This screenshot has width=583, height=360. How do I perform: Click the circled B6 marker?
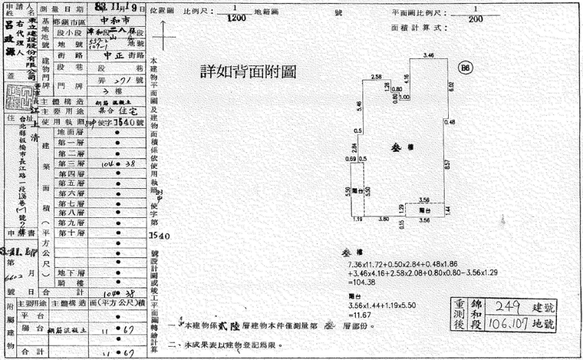pos(466,68)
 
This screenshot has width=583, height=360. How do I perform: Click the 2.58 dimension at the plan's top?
pos(376,76)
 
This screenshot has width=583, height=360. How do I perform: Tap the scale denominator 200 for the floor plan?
pos(476,19)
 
